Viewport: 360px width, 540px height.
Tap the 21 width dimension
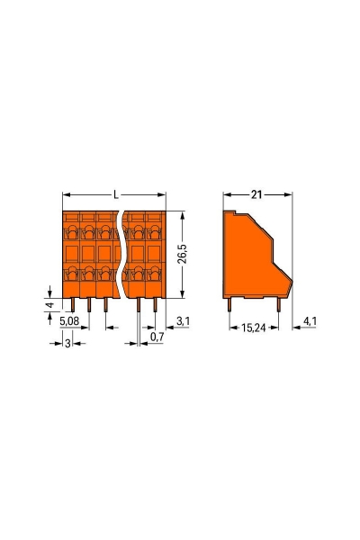[256, 194]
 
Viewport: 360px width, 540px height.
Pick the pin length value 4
[49, 305]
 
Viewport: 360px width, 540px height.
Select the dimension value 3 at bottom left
[67, 345]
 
